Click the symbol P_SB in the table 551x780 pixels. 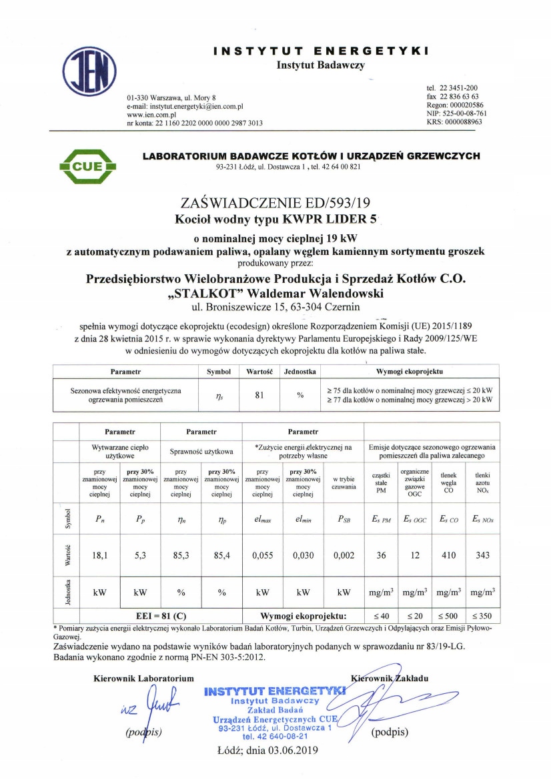[343, 520]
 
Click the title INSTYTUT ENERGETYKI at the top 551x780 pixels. [320, 51]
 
